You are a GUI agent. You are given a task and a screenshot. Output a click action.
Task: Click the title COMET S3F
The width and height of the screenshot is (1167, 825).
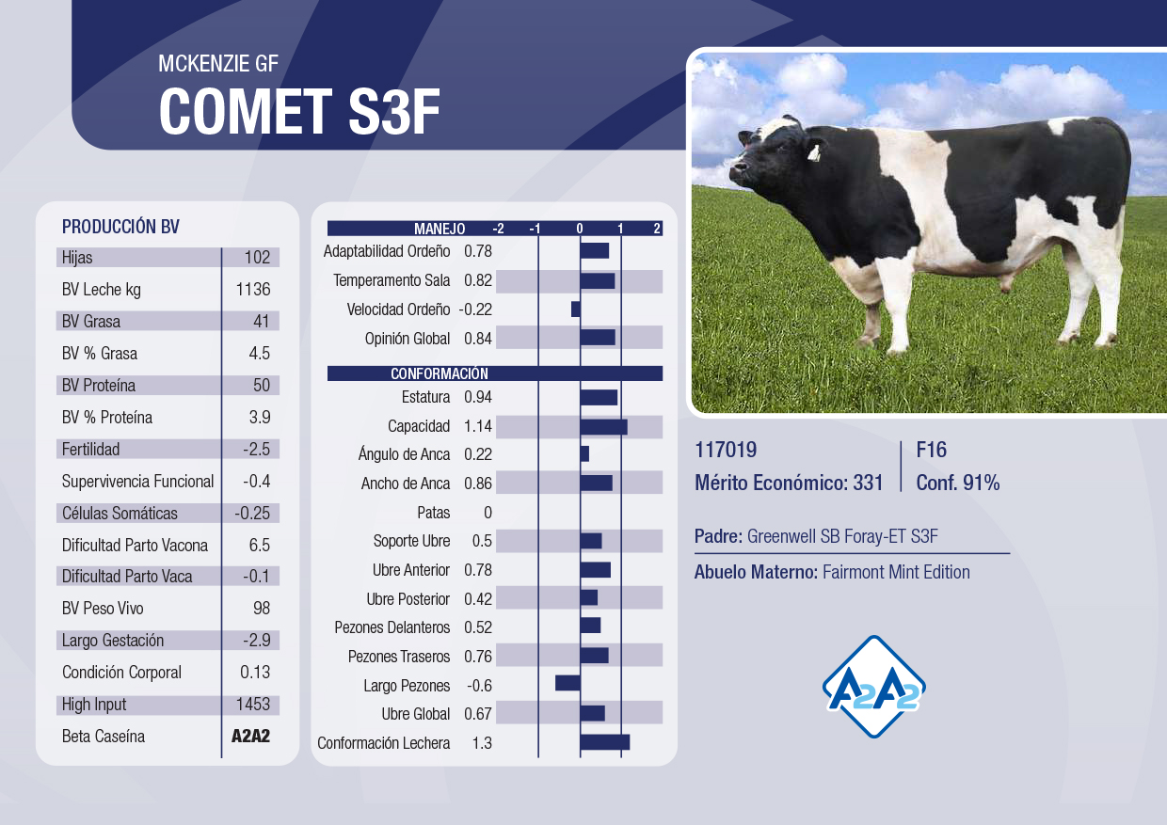(299, 111)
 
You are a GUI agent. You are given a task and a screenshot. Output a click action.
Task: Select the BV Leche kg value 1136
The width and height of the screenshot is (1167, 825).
(253, 289)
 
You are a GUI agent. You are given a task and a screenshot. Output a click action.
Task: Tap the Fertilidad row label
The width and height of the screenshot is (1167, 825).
(90, 449)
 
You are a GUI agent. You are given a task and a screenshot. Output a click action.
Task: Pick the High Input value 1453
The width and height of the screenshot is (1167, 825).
(253, 705)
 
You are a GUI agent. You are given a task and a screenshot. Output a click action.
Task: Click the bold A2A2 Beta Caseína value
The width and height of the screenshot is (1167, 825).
(250, 736)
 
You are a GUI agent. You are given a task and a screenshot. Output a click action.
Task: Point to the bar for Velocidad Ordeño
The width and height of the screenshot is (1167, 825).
(576, 309)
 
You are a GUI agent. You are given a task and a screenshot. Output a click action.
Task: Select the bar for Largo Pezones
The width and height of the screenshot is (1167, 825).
(568, 683)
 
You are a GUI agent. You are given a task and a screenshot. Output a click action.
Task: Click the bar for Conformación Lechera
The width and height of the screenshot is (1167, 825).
(605, 742)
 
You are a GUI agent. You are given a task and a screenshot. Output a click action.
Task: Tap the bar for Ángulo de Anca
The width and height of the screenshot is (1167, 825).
(584, 453)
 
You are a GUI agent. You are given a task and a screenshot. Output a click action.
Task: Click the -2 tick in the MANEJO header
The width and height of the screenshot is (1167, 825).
(498, 229)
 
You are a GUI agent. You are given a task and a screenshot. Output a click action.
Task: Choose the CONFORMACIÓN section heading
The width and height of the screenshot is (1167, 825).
(440, 373)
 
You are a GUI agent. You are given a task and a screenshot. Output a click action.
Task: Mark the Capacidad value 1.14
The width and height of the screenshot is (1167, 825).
(478, 426)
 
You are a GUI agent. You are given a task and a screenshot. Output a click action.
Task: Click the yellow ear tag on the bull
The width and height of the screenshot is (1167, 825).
(814, 153)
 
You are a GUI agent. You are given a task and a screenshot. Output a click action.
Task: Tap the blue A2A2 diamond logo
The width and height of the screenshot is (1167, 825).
(873, 687)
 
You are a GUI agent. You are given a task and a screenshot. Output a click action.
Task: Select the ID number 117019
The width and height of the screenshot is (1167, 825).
(726, 450)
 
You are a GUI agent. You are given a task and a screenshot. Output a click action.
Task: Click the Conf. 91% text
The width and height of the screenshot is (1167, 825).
(957, 483)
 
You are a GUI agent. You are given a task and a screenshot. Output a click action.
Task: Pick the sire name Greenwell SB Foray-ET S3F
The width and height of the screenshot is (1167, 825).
(842, 536)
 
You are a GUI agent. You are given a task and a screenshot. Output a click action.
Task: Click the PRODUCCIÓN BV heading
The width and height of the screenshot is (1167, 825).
(120, 227)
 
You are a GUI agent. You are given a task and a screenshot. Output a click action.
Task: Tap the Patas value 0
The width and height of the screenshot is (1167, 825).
(488, 513)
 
